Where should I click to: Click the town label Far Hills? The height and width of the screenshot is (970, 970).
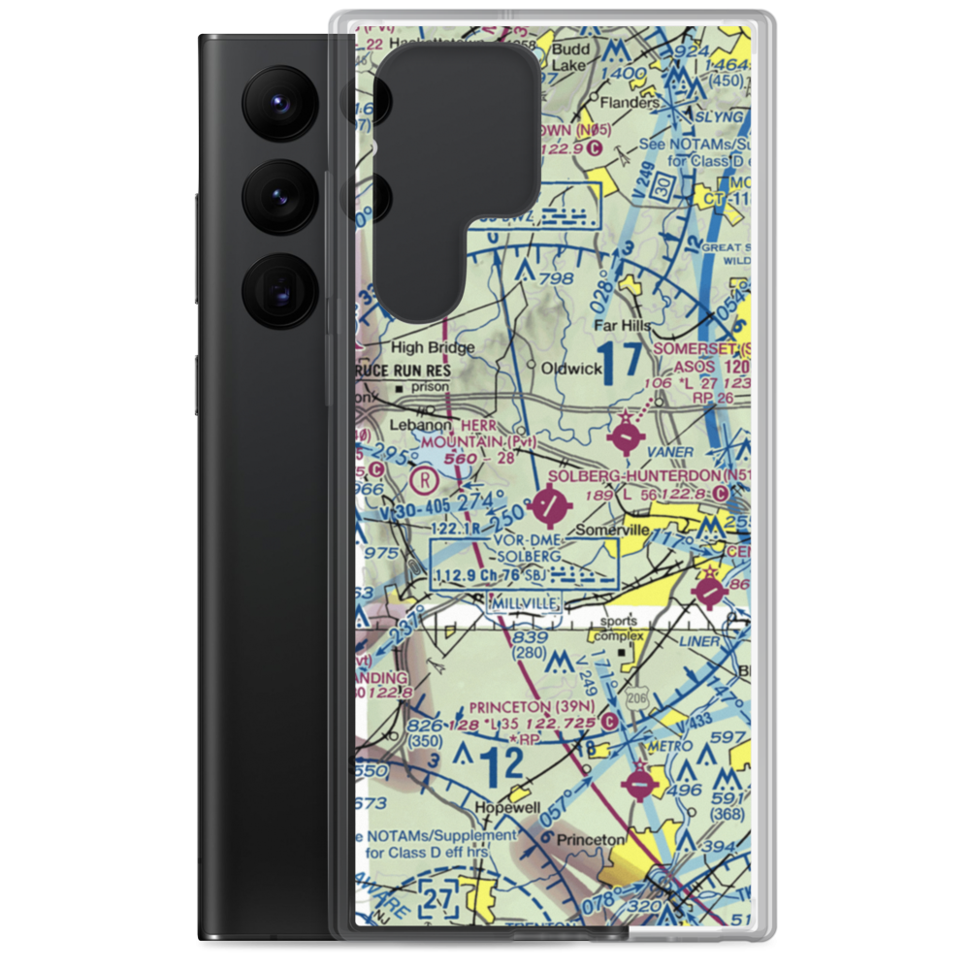click(622, 326)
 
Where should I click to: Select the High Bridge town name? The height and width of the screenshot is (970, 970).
click(433, 347)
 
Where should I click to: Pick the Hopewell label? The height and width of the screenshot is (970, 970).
click(505, 807)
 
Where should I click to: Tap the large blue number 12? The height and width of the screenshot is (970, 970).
click(502, 766)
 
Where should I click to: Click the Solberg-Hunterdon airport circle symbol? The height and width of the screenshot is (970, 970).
click(552, 503)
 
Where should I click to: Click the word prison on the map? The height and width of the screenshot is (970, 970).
click(432, 386)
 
